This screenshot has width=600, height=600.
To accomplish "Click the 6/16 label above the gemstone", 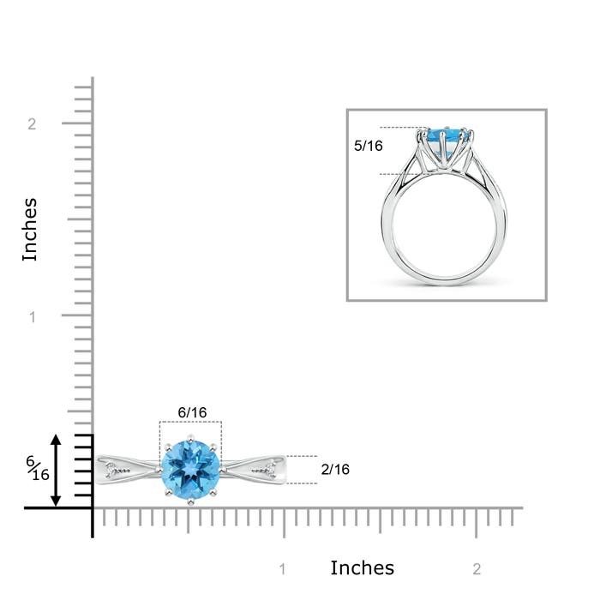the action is coord(192,412).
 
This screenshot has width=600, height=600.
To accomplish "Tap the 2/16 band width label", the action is coord(335,470).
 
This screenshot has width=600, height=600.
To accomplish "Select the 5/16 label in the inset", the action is coord(368,146).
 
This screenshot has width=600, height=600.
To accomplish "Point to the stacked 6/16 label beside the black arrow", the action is coord(38,468).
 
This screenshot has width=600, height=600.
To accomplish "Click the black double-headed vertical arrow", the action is coord(56,471).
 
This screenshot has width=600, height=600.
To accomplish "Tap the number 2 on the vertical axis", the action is coord(32,124).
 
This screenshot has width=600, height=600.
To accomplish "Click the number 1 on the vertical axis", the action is coord(33,317).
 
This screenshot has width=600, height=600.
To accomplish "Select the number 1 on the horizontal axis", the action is coord(282,569).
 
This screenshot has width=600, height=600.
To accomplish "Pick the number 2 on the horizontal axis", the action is coord(477,569).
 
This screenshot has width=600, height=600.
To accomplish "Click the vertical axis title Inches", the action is coord(30,230).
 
